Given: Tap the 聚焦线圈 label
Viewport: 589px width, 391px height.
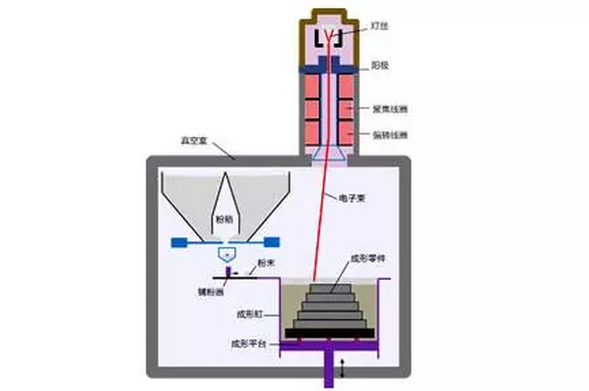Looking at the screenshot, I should (389, 108).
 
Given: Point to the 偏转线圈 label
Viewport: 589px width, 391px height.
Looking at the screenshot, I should (389, 135).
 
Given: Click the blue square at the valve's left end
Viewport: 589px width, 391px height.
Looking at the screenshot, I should (178, 242).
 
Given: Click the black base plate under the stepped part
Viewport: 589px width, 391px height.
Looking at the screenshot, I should (330, 333).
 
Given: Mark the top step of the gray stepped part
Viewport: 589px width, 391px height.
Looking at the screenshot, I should (328, 285).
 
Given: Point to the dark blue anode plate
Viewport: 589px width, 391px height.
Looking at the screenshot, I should (330, 65).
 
